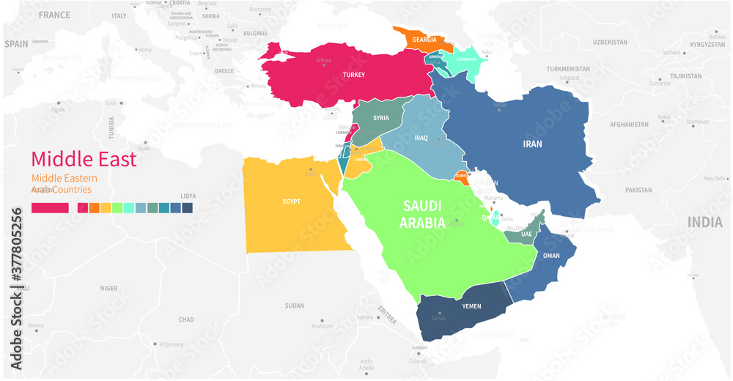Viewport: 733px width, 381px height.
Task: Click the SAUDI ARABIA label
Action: point(422,215)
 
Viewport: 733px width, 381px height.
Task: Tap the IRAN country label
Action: point(532,144)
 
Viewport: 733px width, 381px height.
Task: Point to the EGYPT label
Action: point(291,201)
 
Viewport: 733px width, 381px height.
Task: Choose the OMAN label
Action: point(551,256)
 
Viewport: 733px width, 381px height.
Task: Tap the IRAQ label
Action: point(421,138)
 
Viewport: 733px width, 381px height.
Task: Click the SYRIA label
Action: point(380,118)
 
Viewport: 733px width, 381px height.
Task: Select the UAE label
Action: point(526,234)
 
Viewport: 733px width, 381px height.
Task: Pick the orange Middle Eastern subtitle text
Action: point(64,178)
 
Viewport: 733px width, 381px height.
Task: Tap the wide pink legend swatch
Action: point(50,208)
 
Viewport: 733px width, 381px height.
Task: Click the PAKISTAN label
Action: point(638,190)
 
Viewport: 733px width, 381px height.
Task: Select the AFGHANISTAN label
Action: point(629,125)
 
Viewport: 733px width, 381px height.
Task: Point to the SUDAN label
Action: point(294,306)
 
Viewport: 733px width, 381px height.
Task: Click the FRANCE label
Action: point(54,15)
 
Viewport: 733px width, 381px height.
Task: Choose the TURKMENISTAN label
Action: point(568,69)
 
